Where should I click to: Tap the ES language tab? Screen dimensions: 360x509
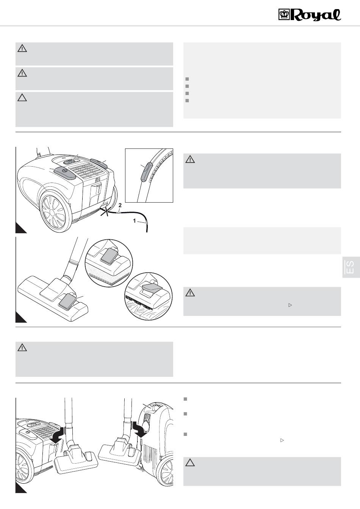pyautogui.click(x=351, y=267)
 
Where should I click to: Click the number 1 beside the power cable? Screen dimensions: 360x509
pyautogui.click(x=135, y=221)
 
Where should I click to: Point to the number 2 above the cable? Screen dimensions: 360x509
pyautogui.click(x=120, y=205)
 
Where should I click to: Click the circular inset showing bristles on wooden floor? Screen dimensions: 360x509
pyautogui.click(x=149, y=296)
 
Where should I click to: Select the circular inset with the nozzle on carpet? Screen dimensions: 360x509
pyautogui.click(x=109, y=263)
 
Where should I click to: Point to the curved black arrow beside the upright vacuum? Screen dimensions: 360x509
pyautogui.click(x=139, y=429)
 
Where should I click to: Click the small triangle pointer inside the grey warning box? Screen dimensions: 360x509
pyautogui.click(x=290, y=305)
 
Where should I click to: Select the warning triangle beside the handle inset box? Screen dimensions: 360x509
pyautogui.click(x=190, y=159)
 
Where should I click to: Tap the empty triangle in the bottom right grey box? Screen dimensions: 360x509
pyautogui.click(x=190, y=463)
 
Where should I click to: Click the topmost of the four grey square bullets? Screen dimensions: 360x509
pyautogui.click(x=187, y=79)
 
